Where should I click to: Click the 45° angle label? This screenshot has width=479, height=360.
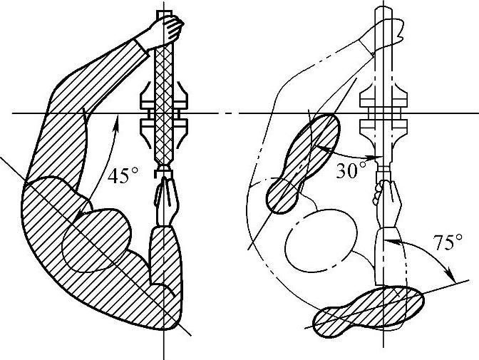tap(122, 175)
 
